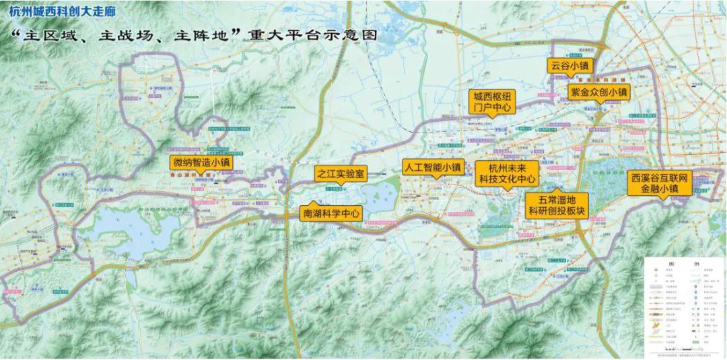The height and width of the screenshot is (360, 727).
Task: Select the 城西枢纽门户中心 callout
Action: (x=493, y=102)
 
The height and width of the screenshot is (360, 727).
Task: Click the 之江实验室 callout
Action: (x=340, y=174)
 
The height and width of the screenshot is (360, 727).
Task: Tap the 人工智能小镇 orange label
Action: (x=432, y=166)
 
